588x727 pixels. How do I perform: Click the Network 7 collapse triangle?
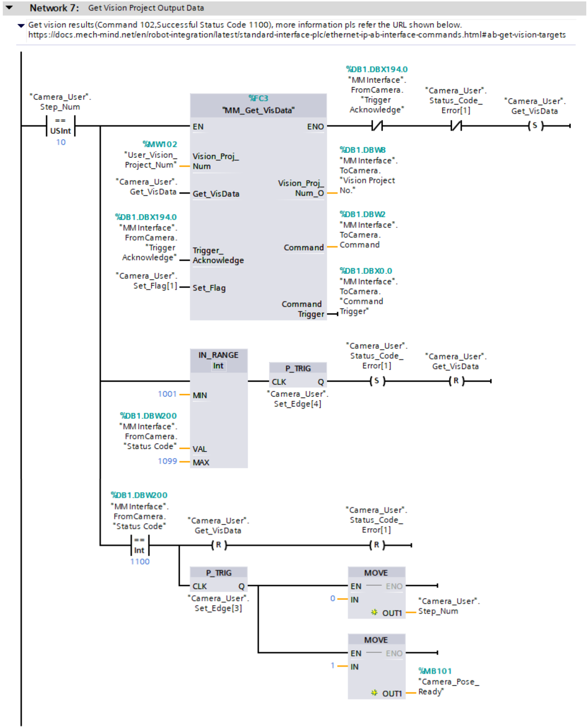pos(9,7)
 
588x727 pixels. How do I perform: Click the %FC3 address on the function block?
pos(258,98)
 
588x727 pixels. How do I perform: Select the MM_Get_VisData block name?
pos(258,110)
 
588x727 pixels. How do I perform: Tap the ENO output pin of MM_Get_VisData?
pos(315,127)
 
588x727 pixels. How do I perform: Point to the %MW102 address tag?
pos(160,144)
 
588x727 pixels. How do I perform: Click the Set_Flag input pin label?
pos(209,288)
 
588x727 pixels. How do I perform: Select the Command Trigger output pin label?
pos(303,309)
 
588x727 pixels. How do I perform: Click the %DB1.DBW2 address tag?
pos(362,214)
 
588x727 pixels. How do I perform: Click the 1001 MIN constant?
pos(167,394)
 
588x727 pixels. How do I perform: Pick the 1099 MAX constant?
pos(167,461)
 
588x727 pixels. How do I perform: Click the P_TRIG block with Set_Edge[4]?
pos(298,375)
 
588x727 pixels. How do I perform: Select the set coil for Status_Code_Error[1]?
pos(377,381)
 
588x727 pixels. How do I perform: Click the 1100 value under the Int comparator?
pos(140,562)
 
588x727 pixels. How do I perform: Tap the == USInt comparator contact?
pos(61,126)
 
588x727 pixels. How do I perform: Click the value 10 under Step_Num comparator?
pos(61,142)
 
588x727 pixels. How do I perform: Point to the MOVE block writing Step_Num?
pos(376,592)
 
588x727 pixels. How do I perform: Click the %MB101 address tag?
pos(435,671)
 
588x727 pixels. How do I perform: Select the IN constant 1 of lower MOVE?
pos(333,665)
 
